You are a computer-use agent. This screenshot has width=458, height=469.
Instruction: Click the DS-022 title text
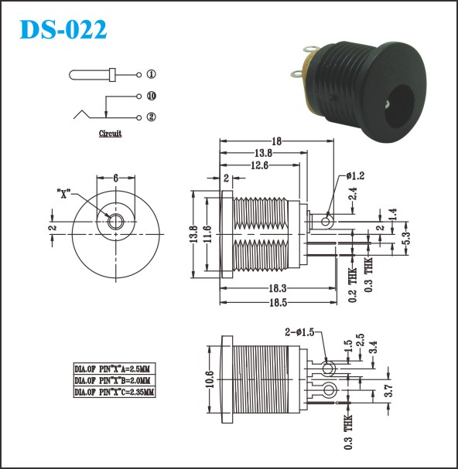(63, 29)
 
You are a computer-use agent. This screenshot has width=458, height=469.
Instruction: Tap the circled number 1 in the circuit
(152, 74)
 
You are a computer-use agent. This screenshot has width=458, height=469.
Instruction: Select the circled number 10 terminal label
(152, 96)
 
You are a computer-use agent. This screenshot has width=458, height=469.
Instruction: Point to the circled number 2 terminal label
(152, 117)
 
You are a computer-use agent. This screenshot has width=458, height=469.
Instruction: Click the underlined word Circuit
(110, 134)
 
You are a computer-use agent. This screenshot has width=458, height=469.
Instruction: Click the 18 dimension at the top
(276, 141)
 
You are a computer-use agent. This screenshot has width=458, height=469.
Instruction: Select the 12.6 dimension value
(259, 165)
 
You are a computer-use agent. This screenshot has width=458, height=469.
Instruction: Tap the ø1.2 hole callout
(356, 176)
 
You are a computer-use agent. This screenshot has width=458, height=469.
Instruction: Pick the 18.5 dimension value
(279, 303)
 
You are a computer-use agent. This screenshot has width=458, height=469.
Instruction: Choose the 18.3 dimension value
(278, 288)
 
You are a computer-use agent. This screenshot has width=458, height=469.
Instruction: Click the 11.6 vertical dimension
(208, 234)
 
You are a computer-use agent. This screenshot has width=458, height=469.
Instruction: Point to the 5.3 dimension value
(406, 239)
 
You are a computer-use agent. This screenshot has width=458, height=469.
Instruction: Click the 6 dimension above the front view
(115, 178)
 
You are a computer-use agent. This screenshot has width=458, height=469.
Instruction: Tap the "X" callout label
(63, 194)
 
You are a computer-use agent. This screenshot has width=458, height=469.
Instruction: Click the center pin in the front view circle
(116, 222)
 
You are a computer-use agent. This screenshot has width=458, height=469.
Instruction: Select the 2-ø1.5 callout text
(299, 332)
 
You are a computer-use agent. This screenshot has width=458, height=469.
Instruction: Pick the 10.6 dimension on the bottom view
(210, 379)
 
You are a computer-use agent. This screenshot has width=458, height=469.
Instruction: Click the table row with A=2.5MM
(114, 369)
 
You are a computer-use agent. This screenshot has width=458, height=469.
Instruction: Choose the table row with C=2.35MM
(114, 392)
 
